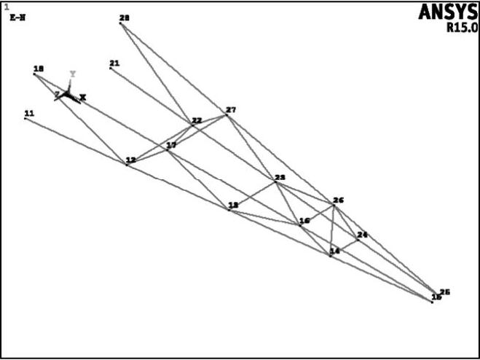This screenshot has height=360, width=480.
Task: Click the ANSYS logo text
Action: point(448,12)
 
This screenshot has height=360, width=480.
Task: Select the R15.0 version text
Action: point(462,29)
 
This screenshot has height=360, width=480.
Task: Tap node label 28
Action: point(124,18)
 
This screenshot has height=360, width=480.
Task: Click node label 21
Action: point(114,63)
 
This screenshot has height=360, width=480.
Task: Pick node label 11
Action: point(29,113)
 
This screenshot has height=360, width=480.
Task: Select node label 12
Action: point(130,160)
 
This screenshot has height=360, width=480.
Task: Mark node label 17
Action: point(172,146)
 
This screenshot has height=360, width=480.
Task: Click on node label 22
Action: point(197,120)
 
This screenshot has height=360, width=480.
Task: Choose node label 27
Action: point(231,110)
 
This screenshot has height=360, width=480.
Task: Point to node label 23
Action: point(280,178)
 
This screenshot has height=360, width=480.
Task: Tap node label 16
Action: point(304,220)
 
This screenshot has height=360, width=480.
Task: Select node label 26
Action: point(338,200)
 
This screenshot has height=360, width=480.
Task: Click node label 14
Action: point(334,251)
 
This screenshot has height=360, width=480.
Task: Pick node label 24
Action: point(362,234)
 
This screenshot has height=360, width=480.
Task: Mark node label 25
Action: point(445,291)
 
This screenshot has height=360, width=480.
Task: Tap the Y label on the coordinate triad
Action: point(72,74)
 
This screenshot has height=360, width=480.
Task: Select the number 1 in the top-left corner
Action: point(6,7)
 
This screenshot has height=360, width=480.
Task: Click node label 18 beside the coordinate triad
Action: point(38,69)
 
